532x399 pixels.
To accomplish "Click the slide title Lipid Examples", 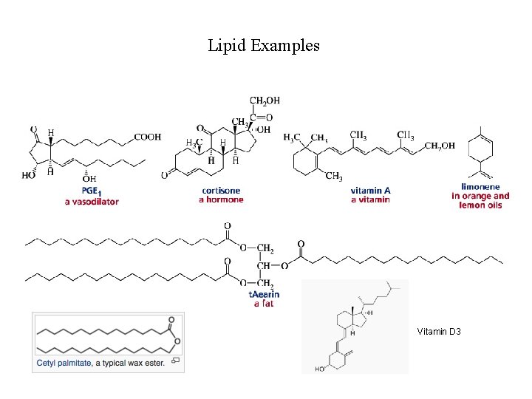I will (x=264, y=46).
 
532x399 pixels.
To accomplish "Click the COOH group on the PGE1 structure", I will (x=148, y=137).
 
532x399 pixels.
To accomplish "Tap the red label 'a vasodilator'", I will (x=92, y=201).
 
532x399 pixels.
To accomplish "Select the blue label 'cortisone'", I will (x=221, y=191).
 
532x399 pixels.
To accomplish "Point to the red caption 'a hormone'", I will (x=221, y=199).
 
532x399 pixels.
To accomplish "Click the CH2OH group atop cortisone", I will (x=265, y=100).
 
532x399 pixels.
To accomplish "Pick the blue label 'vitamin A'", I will (x=371, y=191).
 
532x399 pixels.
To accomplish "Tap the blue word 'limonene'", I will (x=480, y=187).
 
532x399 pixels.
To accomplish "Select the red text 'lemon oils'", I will (x=480, y=205).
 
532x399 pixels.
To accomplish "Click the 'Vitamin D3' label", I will (x=439, y=332).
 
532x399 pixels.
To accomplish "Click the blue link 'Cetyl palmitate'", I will (x=64, y=362).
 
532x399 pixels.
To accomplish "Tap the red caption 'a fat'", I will (x=264, y=303).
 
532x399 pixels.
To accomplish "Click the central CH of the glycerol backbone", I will (x=264, y=266).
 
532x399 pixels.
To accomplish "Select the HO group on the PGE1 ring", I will (x=29, y=176).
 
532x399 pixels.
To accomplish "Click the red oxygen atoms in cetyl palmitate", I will (x=172, y=329).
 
